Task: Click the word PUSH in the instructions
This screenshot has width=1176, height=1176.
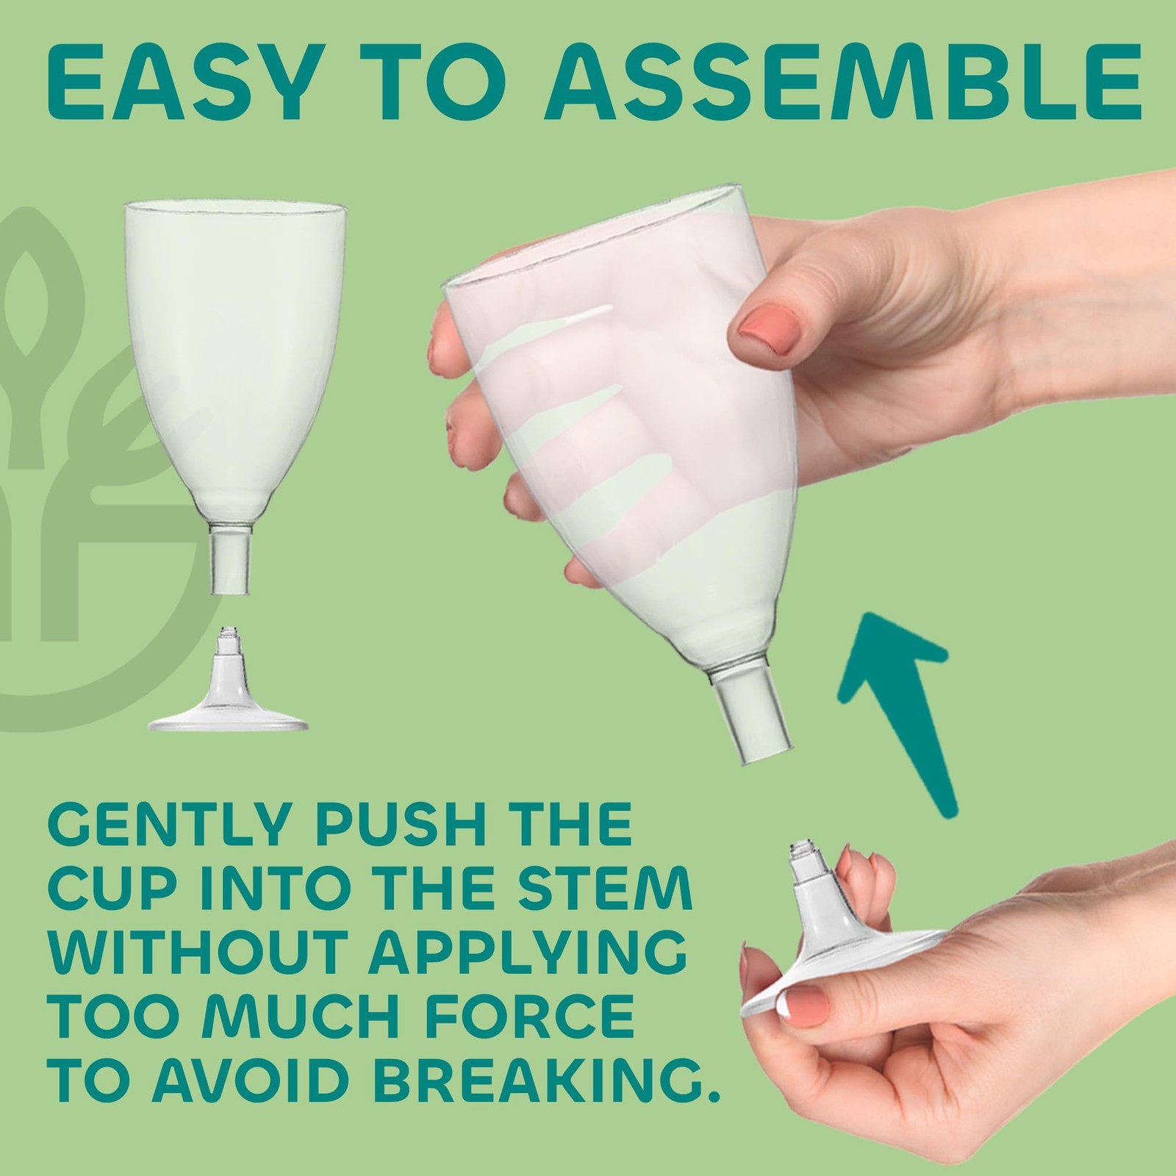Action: pyautogui.click(x=402, y=826)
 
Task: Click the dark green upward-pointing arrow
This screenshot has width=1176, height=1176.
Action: pyautogui.click(x=903, y=705)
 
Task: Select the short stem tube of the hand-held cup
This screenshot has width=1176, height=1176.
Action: pyautogui.click(x=748, y=721)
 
